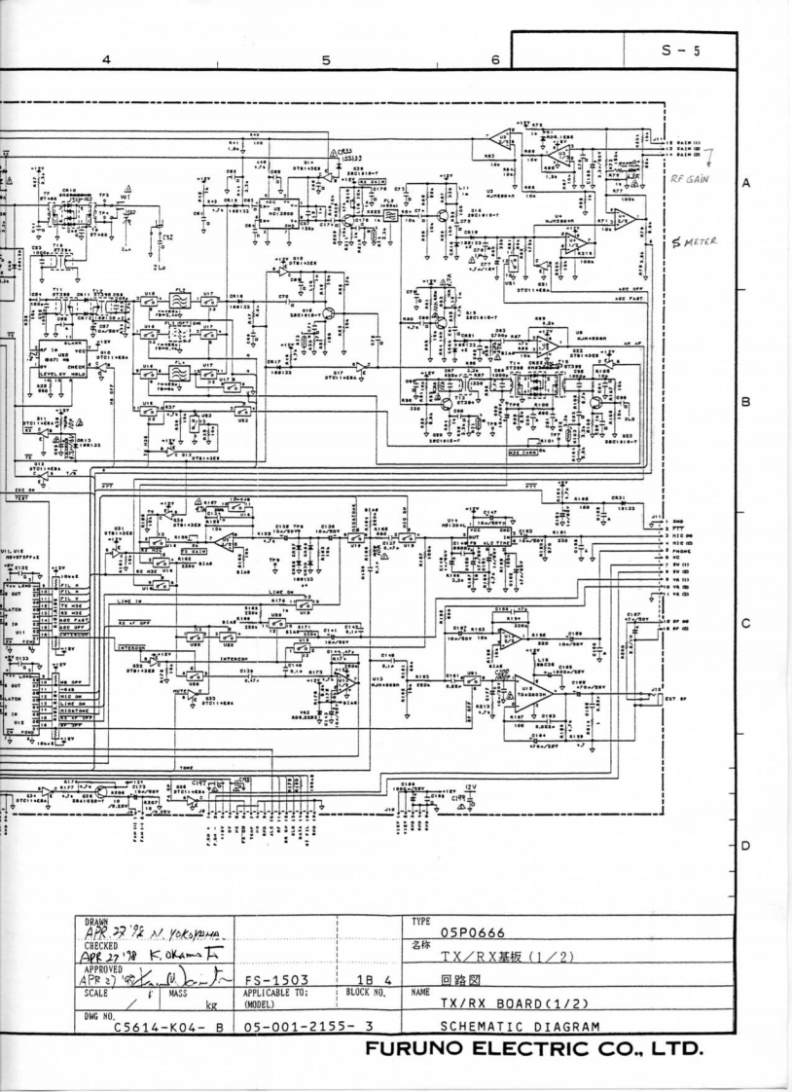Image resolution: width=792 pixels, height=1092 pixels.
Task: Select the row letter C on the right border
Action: pyautogui.click(x=771, y=625)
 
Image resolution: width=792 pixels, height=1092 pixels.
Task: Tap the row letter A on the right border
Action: pyautogui.click(x=771, y=183)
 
